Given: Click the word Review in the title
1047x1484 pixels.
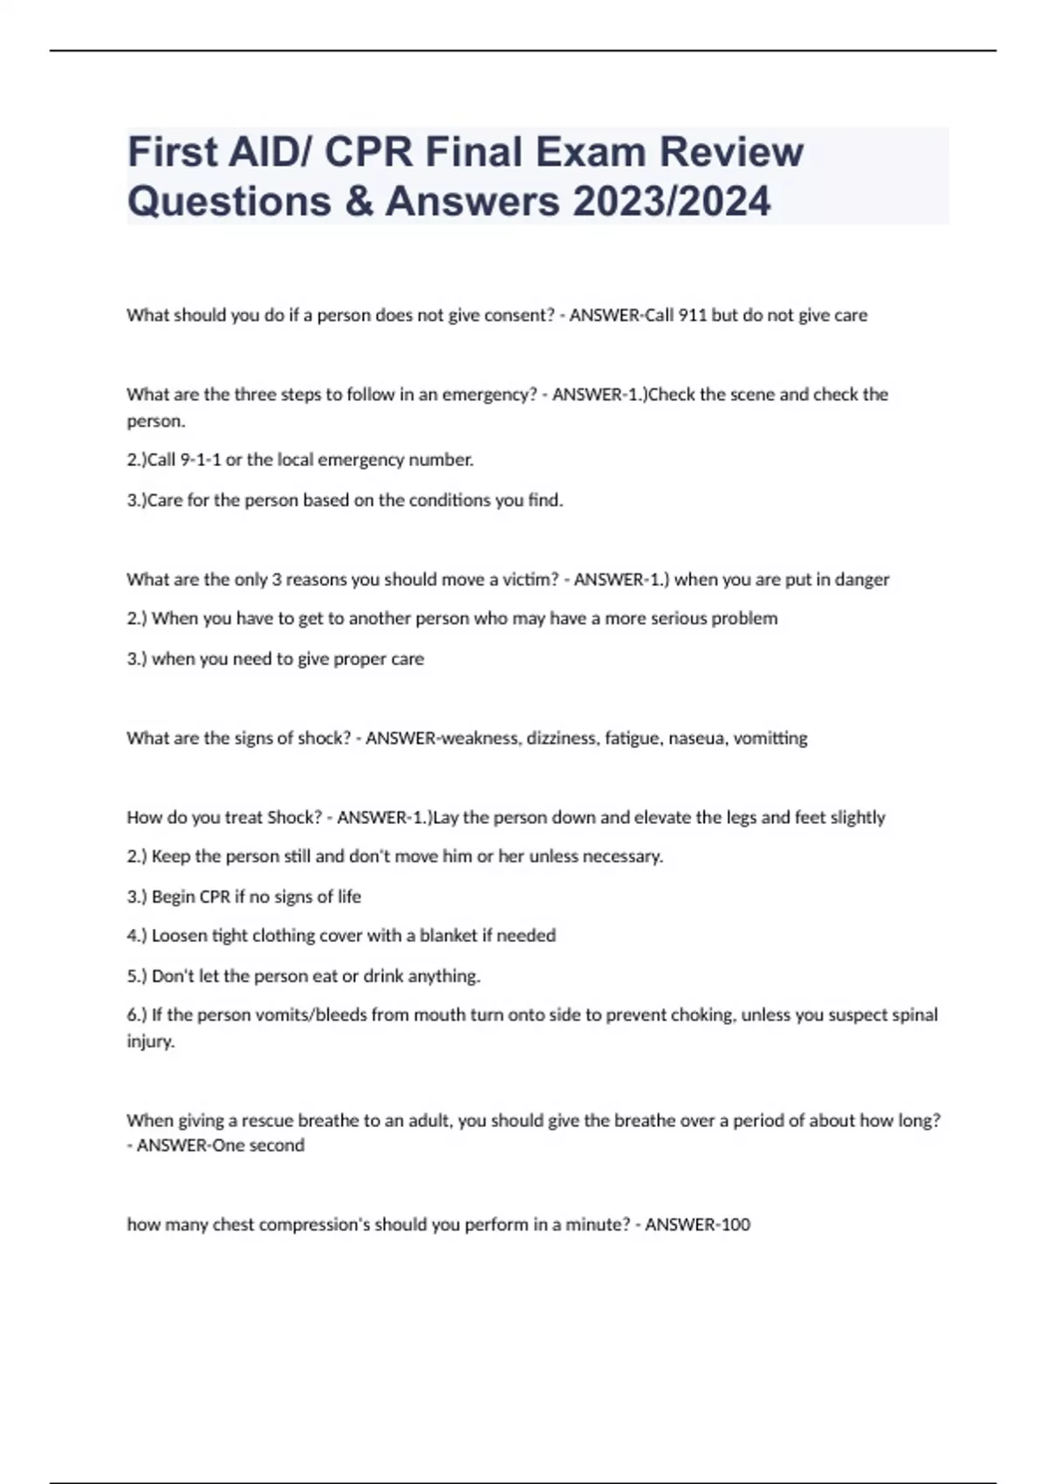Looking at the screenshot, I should pos(730,152).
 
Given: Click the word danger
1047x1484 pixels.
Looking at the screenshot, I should pos(862,580).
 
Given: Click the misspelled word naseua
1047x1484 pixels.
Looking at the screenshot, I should pos(695,739).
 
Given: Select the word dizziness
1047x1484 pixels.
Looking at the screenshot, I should pos(561,739).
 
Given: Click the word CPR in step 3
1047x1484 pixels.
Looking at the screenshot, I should pos(215,897).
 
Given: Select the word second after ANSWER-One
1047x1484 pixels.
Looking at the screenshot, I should pos(277,1145).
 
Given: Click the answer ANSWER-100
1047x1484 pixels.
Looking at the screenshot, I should pos(697,1225).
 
